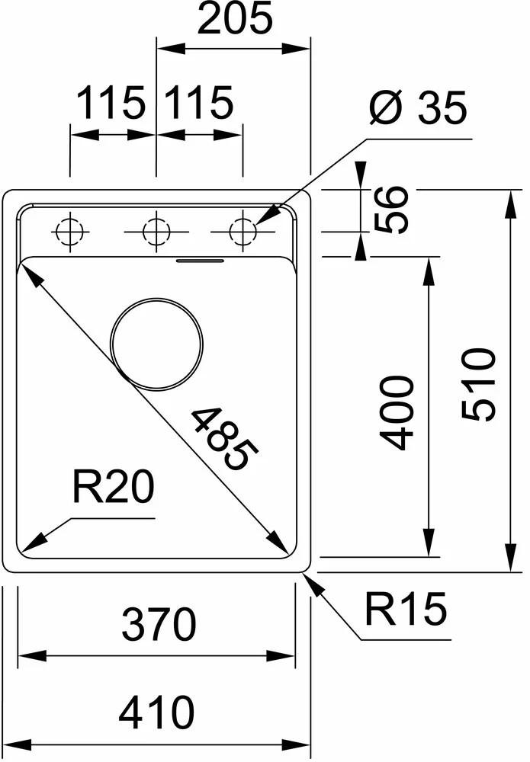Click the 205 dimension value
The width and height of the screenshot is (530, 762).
coord(234,20)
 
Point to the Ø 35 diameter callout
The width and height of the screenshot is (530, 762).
coord(417,109)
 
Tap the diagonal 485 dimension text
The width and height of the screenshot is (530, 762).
coord(221,438)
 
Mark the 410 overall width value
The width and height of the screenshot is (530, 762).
coord(158,713)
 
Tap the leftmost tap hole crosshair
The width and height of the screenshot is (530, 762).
coord(69,231)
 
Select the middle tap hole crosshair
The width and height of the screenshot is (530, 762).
coord(156,231)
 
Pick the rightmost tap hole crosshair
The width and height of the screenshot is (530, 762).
coord(243,231)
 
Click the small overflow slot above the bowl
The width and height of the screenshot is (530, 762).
coord(200,261)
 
